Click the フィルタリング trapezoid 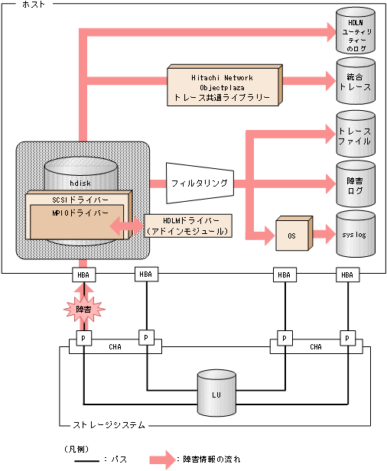[198, 184]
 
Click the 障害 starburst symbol [83, 309]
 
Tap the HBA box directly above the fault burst [83, 274]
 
